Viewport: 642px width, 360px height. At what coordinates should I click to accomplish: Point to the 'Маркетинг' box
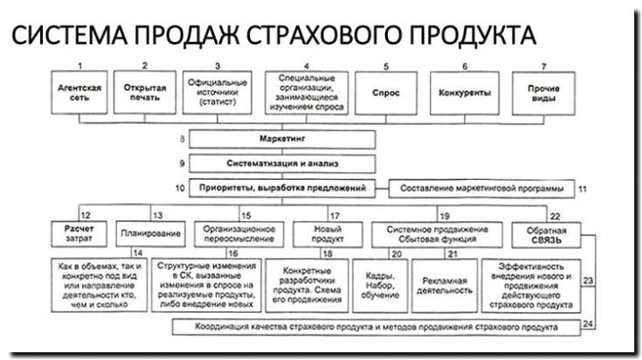(283, 139)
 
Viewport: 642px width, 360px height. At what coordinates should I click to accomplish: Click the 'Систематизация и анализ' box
(283, 163)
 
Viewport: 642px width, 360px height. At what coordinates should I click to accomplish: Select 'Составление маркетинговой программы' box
(482, 187)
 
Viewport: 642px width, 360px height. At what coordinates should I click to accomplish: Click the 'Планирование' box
(150, 234)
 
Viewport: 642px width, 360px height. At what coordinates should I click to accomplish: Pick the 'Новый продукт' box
(314, 233)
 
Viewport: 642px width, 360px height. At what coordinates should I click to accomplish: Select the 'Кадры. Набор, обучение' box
(377, 286)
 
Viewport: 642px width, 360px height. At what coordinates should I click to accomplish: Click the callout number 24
(588, 323)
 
